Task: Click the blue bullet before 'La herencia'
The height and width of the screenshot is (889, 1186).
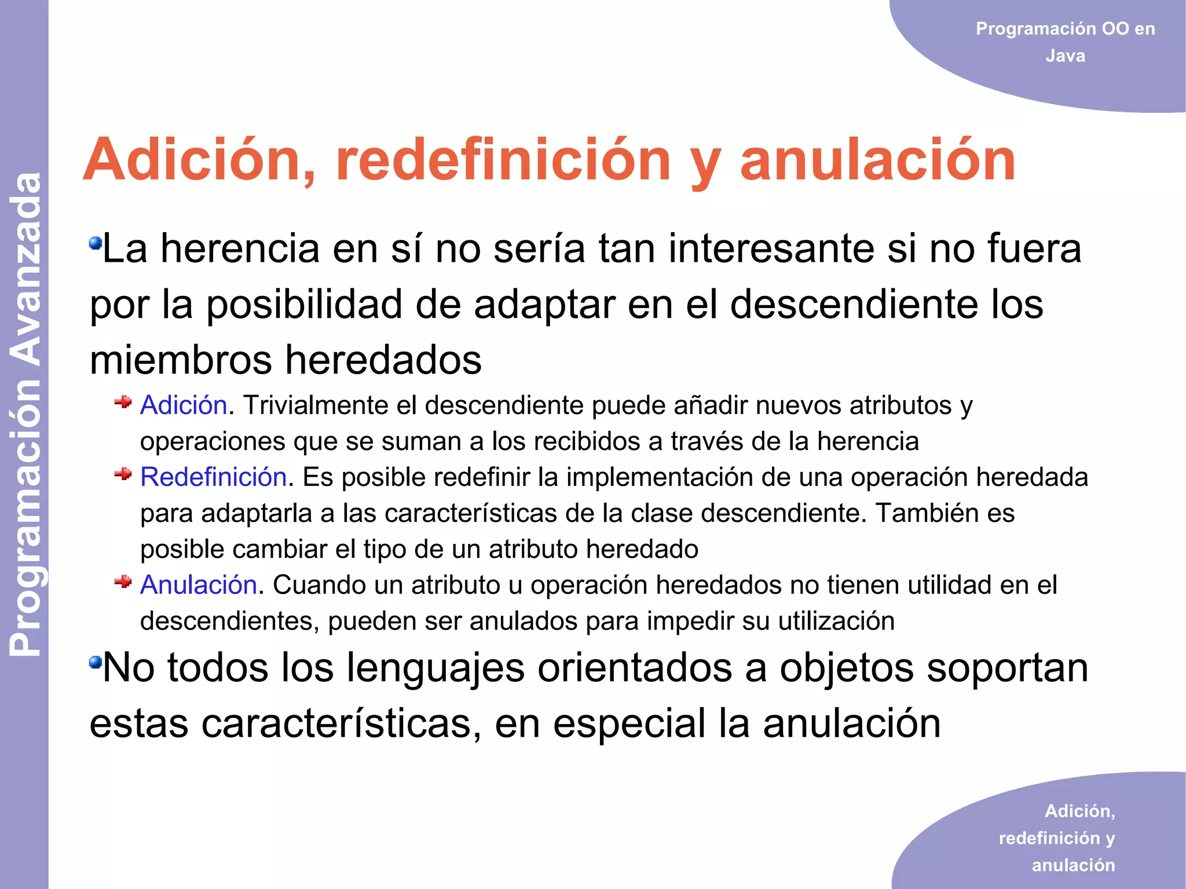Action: [x=95, y=243]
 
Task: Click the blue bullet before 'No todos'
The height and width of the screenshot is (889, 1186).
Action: [x=95, y=661]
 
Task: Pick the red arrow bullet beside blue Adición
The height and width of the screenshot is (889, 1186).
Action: [x=123, y=402]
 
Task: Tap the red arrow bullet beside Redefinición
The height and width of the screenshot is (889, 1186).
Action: [x=123, y=474]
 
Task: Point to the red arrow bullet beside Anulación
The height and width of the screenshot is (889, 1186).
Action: [x=123, y=581]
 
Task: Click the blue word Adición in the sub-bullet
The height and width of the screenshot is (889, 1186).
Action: [x=184, y=405]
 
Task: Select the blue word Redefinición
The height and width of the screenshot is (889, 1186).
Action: [x=214, y=477]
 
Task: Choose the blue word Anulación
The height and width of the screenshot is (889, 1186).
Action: [x=199, y=585]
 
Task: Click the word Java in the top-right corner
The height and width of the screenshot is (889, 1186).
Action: [x=1065, y=56]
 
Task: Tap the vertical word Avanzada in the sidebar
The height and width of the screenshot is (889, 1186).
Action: [x=26, y=269]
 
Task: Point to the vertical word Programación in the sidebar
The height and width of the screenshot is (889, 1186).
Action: [x=26, y=518]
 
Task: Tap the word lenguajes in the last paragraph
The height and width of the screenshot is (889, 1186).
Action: [x=435, y=667]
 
